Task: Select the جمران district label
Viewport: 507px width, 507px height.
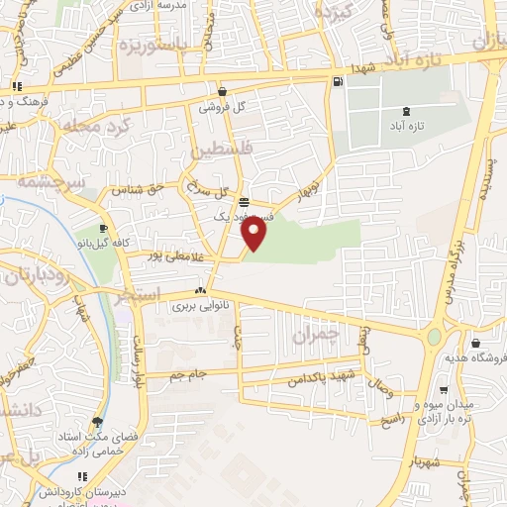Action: coord(315,336)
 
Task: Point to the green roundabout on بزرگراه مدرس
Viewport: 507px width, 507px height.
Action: coord(434,338)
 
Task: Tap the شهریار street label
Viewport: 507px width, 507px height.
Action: coord(426,461)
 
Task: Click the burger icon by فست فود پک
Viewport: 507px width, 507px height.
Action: coord(244,202)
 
